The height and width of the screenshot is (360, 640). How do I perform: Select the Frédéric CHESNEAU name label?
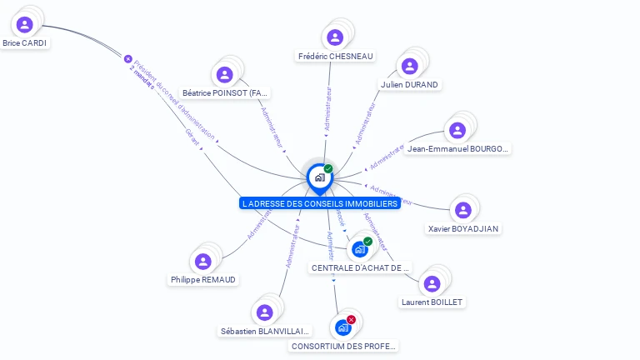[x=335, y=57]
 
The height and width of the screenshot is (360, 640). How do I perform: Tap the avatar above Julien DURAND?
[x=409, y=66]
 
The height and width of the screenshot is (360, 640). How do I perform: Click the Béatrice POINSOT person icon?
[x=224, y=74]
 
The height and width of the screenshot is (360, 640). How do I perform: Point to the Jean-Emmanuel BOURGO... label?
[x=457, y=149]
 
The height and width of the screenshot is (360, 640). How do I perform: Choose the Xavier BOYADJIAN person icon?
[x=463, y=210]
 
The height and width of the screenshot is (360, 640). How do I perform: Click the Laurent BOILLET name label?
[x=432, y=302]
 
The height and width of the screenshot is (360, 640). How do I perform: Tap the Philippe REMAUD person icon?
[x=203, y=262]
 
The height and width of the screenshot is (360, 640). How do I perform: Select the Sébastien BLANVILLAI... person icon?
[x=264, y=312]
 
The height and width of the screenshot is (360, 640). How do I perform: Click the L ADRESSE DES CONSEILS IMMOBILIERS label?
[x=319, y=203]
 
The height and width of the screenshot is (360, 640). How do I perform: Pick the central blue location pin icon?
[x=319, y=177]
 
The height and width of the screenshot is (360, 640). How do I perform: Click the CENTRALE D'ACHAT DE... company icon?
[x=359, y=249]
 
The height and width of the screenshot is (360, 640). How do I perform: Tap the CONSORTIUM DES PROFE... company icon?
[x=342, y=327]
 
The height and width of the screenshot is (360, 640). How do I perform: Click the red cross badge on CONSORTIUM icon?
[x=352, y=319]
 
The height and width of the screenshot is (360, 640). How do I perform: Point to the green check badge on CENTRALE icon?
[x=367, y=241]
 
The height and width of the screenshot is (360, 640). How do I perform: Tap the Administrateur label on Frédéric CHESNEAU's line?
[x=328, y=110]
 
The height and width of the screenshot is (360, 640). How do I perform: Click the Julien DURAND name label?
[x=409, y=84]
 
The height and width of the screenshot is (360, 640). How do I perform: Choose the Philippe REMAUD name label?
[x=203, y=280]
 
